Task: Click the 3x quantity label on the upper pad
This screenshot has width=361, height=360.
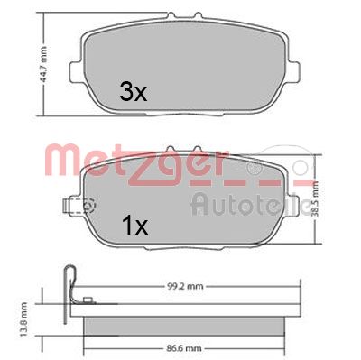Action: [x=135, y=91]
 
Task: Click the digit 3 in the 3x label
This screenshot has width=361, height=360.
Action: [x=128, y=91]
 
